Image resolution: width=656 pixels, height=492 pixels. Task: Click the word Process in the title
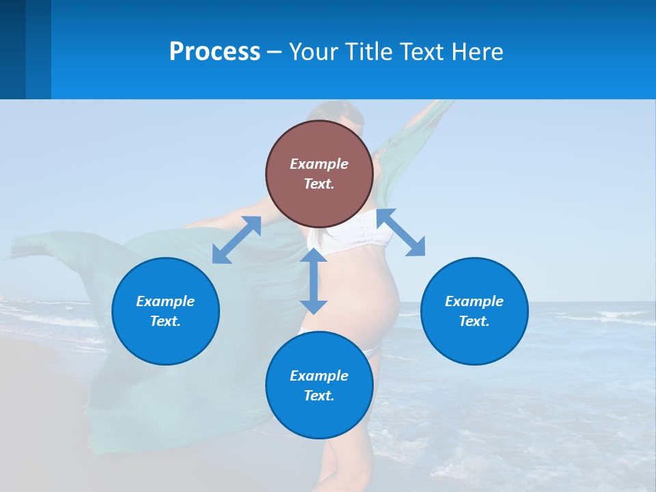[215, 52]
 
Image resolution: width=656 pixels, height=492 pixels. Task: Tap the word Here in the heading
[478, 52]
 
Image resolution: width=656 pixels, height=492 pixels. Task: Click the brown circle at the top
[319, 174]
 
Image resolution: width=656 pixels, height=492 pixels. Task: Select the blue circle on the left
[165, 311]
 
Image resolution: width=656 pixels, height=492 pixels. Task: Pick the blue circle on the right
[474, 311]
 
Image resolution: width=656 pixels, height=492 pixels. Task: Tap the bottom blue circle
[319, 385]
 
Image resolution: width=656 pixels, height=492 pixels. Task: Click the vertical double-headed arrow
[314, 281]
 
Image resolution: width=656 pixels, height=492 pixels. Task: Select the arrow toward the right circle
[401, 232]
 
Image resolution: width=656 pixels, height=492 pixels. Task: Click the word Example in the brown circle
[319, 164]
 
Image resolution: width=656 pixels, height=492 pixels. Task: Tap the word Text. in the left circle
[165, 321]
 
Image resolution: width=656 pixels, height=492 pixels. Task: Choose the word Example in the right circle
[474, 301]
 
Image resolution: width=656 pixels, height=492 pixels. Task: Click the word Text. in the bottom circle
[319, 396]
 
